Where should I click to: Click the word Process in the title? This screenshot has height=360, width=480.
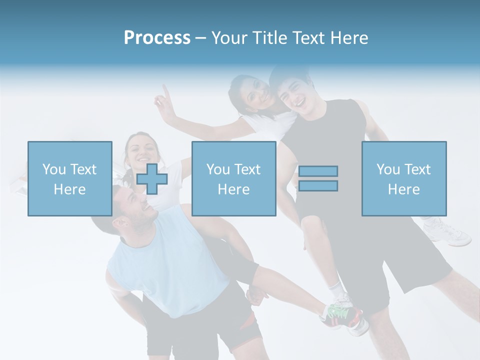(157, 38)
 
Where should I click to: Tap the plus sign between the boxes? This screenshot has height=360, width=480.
(152, 178)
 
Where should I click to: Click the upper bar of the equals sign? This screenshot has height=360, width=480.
(318, 171)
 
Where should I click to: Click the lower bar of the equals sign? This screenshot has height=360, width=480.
(318, 186)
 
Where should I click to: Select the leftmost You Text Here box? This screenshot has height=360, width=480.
(69, 178)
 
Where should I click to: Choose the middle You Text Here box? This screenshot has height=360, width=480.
(233, 178)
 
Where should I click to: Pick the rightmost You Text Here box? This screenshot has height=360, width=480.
(403, 178)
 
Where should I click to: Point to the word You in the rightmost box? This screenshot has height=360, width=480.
(388, 169)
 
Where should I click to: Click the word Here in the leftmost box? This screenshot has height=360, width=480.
(69, 189)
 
